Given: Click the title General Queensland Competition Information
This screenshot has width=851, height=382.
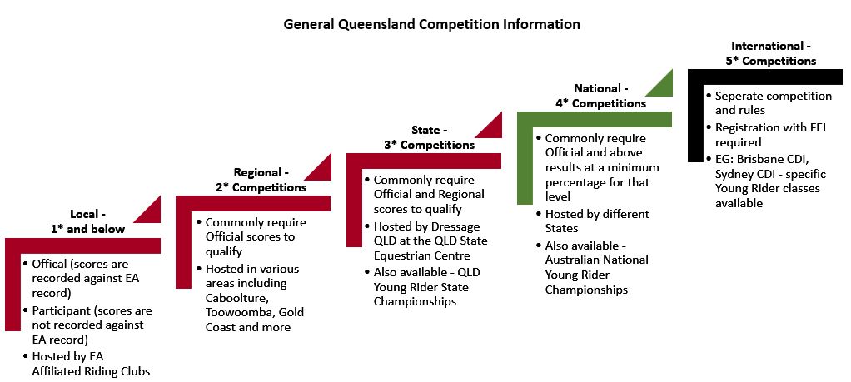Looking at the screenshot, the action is tap(432, 24).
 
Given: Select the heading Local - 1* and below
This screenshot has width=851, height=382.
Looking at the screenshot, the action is tap(87, 221).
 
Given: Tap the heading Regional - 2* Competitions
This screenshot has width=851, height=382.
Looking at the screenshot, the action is tap(261, 181).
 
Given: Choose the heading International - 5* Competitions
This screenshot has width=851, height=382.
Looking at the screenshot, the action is tap(771, 53).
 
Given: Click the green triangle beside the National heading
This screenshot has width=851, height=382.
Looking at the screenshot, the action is tap(659, 83).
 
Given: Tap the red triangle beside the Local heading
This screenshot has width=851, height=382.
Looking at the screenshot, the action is tap(147, 210).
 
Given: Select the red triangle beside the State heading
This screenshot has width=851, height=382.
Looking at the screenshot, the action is tap(488, 126).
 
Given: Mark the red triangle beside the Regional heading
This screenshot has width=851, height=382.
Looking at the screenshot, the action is tap(317, 167).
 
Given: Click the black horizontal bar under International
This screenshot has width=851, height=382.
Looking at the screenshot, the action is tap(765, 77).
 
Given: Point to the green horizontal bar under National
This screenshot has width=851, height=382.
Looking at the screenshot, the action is tap(595, 119).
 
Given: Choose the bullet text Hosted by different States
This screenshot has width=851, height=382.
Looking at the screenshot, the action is tap(597, 221).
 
